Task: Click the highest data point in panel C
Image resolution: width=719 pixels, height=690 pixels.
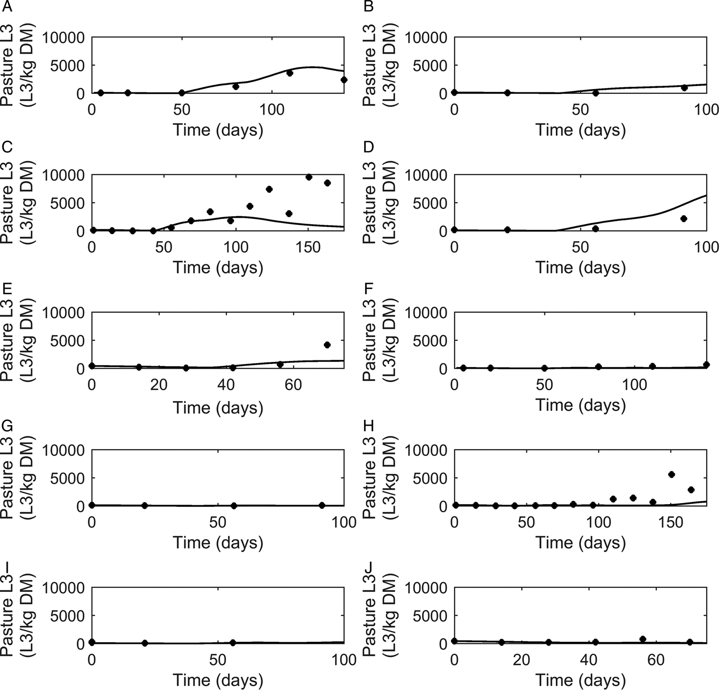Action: point(309,177)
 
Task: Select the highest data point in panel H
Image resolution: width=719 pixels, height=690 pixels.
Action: point(671,474)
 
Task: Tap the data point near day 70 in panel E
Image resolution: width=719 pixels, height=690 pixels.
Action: point(327,345)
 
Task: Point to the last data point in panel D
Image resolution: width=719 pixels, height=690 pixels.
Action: point(684,219)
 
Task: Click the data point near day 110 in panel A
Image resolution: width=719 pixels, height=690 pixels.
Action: point(290,73)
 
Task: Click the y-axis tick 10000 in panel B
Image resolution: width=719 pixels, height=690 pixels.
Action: point(426,37)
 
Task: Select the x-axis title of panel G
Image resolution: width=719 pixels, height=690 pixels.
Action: point(218,543)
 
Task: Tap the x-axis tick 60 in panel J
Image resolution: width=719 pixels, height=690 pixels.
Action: point(655,660)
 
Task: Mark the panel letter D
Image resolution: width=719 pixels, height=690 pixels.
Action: point(368,148)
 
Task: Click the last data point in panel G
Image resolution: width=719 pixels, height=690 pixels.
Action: point(322,506)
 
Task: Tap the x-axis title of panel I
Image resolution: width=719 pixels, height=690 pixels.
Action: point(218,680)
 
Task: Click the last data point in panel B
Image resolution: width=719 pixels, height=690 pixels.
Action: point(684,88)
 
